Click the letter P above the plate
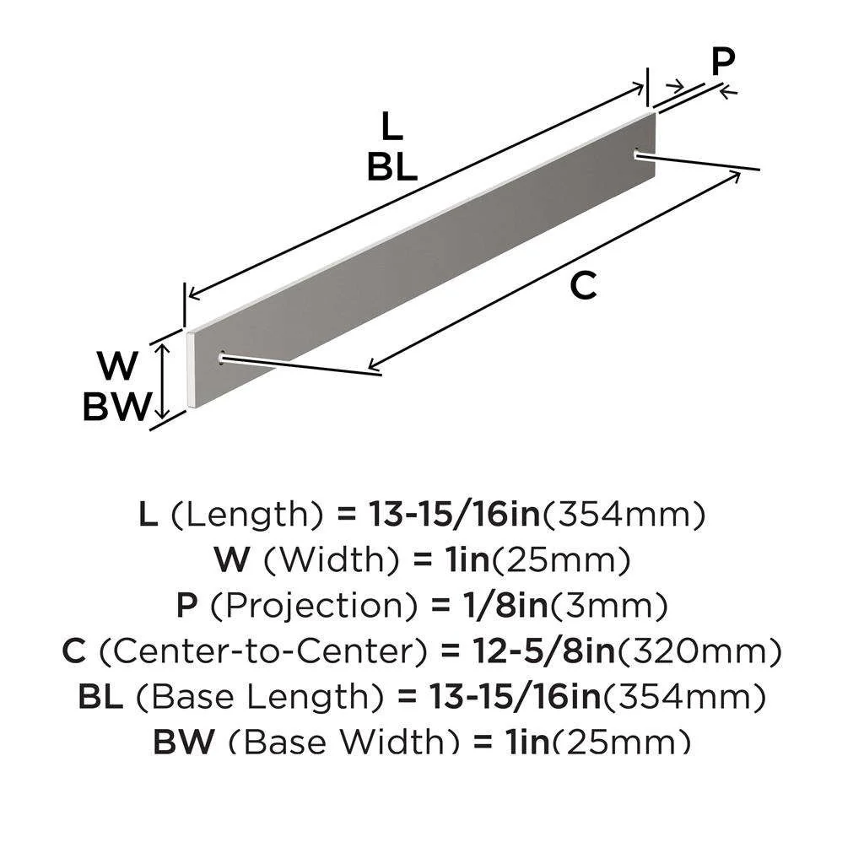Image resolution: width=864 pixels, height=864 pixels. coord(722,63)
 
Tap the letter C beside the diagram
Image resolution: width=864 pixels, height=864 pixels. coord(583,287)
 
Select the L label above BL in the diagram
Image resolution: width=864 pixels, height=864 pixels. coord(391,127)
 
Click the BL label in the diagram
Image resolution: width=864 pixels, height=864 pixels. coord(391,168)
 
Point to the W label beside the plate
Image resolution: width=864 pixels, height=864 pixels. coord(117,367)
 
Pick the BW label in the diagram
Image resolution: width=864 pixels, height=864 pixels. coord(116,408)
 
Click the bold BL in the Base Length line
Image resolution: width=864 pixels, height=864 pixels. coord(100,697)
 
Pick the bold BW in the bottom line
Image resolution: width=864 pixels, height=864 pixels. coord(186,741)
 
